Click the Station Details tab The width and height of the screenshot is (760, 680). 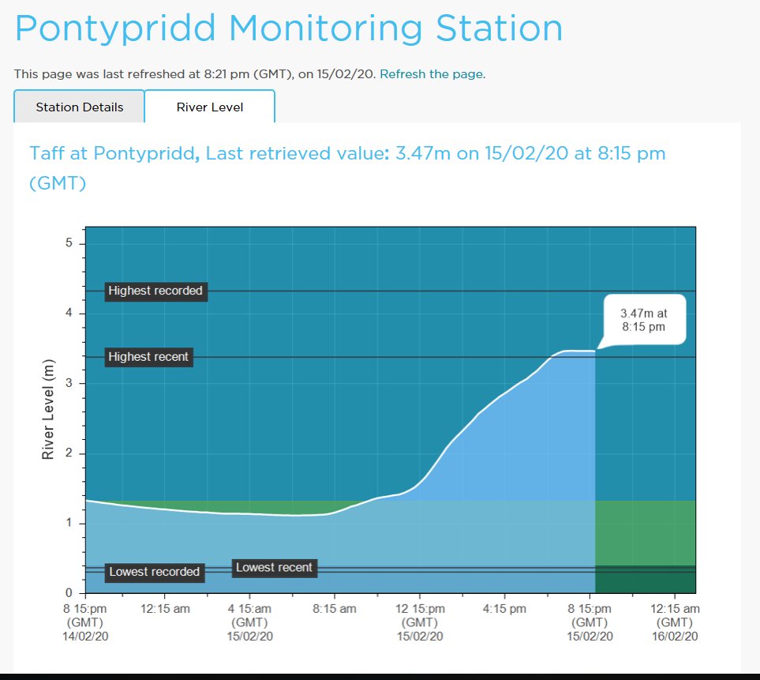80,107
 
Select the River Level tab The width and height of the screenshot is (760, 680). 210,107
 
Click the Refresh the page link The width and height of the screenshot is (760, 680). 431,73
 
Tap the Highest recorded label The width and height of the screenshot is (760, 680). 155,291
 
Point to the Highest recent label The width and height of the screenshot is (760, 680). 148,357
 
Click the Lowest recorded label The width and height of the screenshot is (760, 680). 154,572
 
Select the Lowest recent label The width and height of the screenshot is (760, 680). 274,567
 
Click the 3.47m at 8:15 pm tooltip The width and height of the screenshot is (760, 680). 643,320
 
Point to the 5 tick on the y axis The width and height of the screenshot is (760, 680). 69,243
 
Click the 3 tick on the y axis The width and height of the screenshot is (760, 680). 69,383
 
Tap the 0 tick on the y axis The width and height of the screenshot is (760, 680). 69,593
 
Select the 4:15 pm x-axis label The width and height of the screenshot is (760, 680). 504,609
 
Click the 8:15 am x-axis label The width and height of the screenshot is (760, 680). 335,609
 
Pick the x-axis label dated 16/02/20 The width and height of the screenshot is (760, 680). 675,622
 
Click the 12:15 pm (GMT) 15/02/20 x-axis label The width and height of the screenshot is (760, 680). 419,622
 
